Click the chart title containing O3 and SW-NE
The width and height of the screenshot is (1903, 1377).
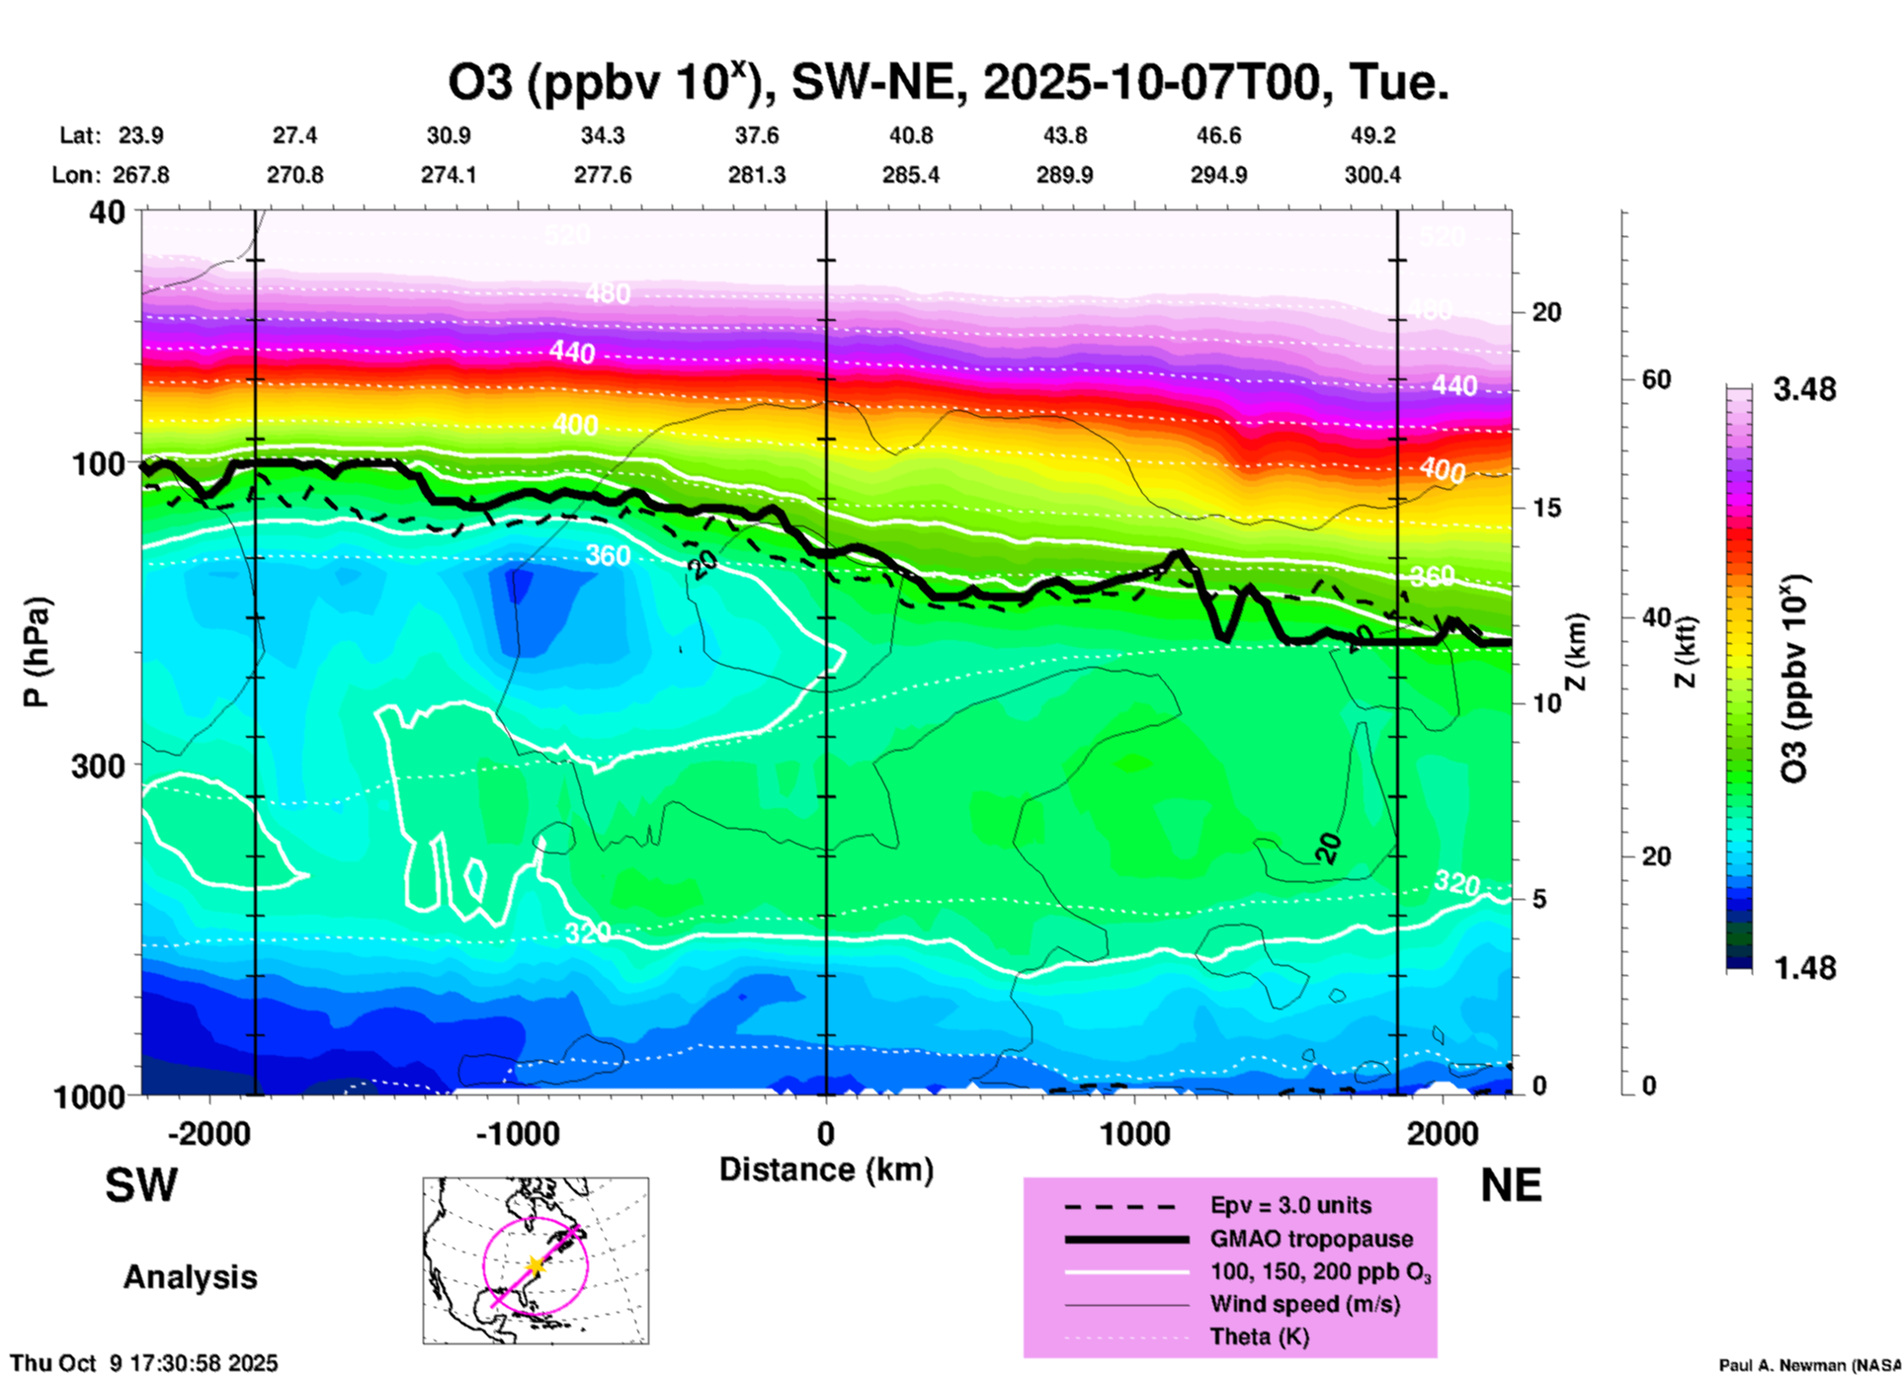[949, 83]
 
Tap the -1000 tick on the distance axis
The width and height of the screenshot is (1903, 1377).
[517, 1133]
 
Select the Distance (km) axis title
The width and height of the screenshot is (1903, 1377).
[826, 1170]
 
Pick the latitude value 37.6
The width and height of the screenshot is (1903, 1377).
[757, 135]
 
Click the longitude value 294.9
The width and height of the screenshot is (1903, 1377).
[1218, 175]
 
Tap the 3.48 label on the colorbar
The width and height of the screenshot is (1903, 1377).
[1804, 389]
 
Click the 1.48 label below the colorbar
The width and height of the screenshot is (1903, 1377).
[1804, 968]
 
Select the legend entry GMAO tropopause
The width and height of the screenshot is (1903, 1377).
[1311, 1239]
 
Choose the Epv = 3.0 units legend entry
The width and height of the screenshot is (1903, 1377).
[1290, 1205]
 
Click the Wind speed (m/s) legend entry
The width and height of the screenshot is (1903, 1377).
[1304, 1304]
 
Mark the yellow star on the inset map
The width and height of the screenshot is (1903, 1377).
[535, 1265]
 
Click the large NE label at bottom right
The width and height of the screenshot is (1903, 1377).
[1511, 1185]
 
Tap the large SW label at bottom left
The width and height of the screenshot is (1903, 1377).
[141, 1185]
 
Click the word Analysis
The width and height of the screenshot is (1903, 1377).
[190, 1277]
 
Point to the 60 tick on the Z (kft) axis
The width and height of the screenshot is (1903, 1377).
[1656, 379]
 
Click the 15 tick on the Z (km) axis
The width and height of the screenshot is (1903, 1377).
[1546, 508]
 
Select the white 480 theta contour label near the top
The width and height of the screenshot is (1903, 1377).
[607, 293]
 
